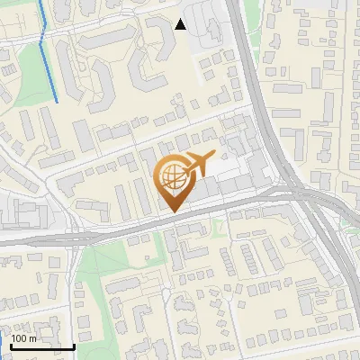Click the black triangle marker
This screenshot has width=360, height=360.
pyautogui.click(x=180, y=24)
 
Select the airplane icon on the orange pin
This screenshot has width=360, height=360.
pyautogui.click(x=197, y=163)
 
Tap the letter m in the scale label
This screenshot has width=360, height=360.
pyautogui.click(x=33, y=338)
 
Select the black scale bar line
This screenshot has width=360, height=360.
pyautogui.click(x=42, y=346)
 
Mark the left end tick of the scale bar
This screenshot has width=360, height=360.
pyautogui.click(x=11, y=344)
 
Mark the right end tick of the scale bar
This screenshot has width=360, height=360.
pyautogui.click(x=74, y=344)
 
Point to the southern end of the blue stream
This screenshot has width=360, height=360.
pyautogui.click(x=58, y=101)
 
